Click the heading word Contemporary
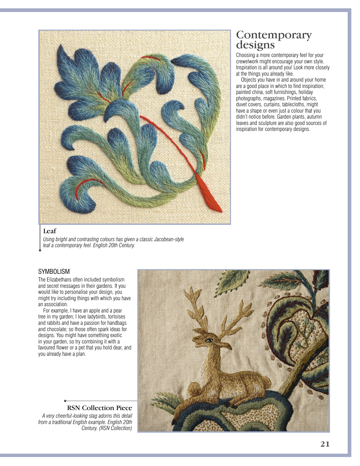pos(274,35)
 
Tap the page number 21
pos(325,444)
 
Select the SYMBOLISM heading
pos(54,271)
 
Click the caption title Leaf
pos(50,231)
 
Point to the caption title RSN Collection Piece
pos(99,408)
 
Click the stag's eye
pos(210,340)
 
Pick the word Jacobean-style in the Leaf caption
pos(169,239)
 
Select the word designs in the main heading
pos(255,45)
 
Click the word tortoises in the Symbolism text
pos(117,317)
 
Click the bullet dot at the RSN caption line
pos(65,401)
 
